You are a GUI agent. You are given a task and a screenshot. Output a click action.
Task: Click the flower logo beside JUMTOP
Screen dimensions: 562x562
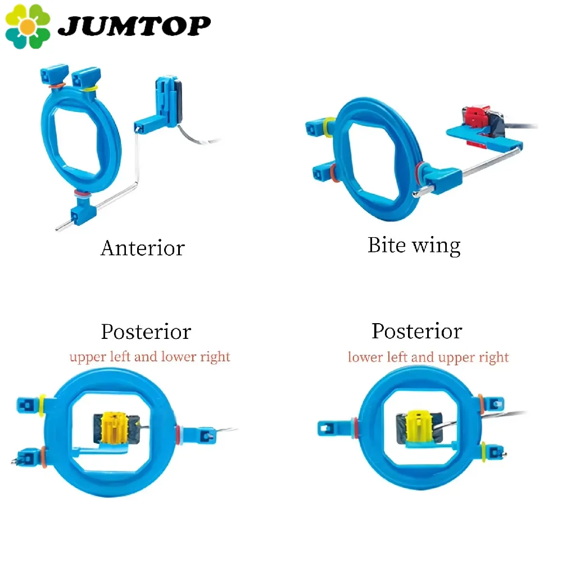click(x=27, y=26)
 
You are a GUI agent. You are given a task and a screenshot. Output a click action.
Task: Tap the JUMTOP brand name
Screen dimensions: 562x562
click(x=135, y=25)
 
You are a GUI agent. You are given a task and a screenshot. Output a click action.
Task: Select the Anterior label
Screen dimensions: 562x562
click(x=142, y=248)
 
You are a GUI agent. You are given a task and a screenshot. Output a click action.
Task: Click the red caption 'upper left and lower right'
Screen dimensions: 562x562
click(x=149, y=357)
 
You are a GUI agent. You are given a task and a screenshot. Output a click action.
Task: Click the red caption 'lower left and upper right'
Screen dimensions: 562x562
click(x=428, y=357)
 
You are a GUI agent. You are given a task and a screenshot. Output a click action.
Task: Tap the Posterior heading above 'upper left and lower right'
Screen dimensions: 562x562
click(x=146, y=332)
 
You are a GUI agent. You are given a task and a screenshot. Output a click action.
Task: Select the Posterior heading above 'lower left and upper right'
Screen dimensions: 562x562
click(x=417, y=331)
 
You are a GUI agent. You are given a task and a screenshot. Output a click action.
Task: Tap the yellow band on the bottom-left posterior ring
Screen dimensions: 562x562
click(x=43, y=402)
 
